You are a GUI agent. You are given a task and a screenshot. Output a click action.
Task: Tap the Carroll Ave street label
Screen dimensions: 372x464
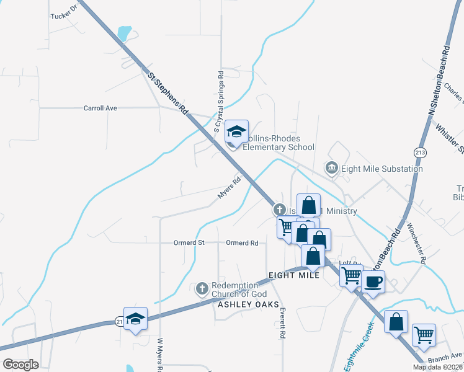(x=100, y=108)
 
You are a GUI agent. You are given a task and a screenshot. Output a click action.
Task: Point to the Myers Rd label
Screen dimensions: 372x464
(x=229, y=188)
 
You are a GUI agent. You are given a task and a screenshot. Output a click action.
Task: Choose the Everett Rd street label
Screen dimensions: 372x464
(x=282, y=322)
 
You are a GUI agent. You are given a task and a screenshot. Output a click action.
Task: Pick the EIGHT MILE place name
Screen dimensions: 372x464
(x=293, y=275)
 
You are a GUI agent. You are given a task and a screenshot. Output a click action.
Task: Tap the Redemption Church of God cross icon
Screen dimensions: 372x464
(x=202, y=289)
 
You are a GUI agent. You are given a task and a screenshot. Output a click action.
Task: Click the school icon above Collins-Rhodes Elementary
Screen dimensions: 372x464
(x=236, y=131)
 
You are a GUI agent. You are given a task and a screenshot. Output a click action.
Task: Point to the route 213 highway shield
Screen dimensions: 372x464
(x=416, y=152)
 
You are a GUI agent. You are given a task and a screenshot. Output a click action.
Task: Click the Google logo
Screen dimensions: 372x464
(x=20, y=365)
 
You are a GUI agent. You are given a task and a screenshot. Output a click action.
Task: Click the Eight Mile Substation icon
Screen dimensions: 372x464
(x=332, y=168)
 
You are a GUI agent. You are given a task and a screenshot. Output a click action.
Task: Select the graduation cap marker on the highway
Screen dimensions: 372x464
(x=135, y=319)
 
